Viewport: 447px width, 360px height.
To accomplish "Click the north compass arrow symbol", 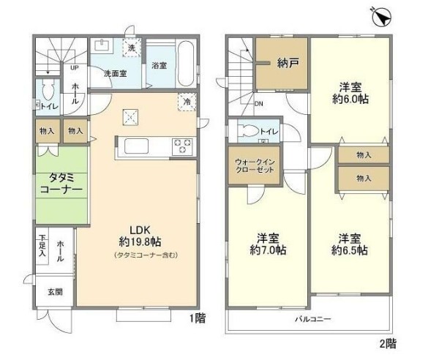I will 380,15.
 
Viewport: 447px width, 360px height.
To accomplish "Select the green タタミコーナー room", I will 60,182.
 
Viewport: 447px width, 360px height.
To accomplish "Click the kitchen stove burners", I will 181,146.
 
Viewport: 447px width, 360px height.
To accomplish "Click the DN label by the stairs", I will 258,103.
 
